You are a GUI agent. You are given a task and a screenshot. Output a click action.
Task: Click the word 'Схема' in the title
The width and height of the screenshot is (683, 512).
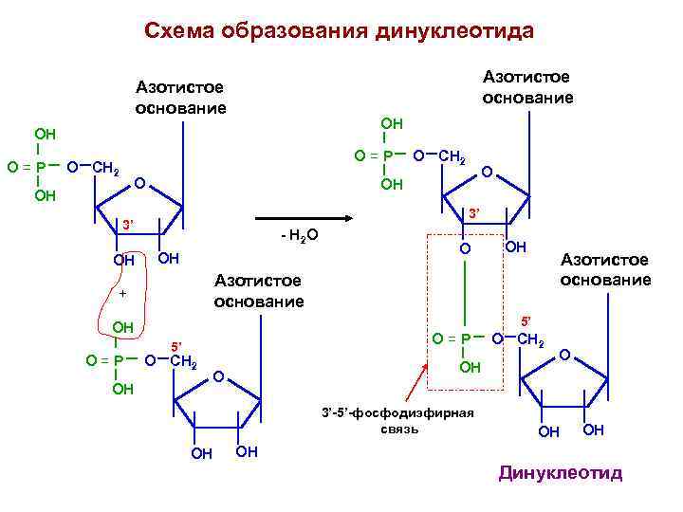pyautogui.click(x=179, y=31)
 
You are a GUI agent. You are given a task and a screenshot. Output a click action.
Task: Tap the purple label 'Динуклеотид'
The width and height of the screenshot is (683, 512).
pyautogui.click(x=560, y=473)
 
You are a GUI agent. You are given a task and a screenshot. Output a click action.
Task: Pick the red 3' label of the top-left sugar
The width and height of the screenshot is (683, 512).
pyautogui.click(x=124, y=225)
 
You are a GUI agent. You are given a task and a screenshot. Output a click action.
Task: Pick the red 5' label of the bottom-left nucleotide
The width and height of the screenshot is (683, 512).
pyautogui.click(x=175, y=345)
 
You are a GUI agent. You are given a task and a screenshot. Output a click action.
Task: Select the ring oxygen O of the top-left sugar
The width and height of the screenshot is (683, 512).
pyautogui.click(x=138, y=182)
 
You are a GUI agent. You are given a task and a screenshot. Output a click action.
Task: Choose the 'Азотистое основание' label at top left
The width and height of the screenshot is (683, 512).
pyautogui.click(x=180, y=98)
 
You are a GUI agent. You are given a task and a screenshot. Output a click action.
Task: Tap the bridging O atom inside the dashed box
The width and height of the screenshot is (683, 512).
pyautogui.click(x=465, y=248)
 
